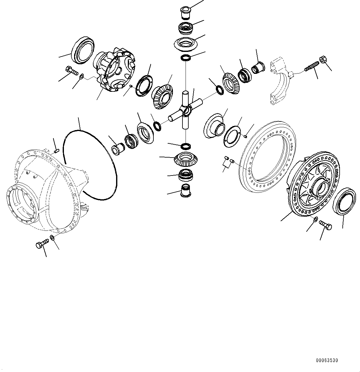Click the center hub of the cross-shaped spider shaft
point(186,110)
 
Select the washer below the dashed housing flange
point(52,237)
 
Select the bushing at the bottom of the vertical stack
point(186,190)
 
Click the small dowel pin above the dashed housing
point(56,151)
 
